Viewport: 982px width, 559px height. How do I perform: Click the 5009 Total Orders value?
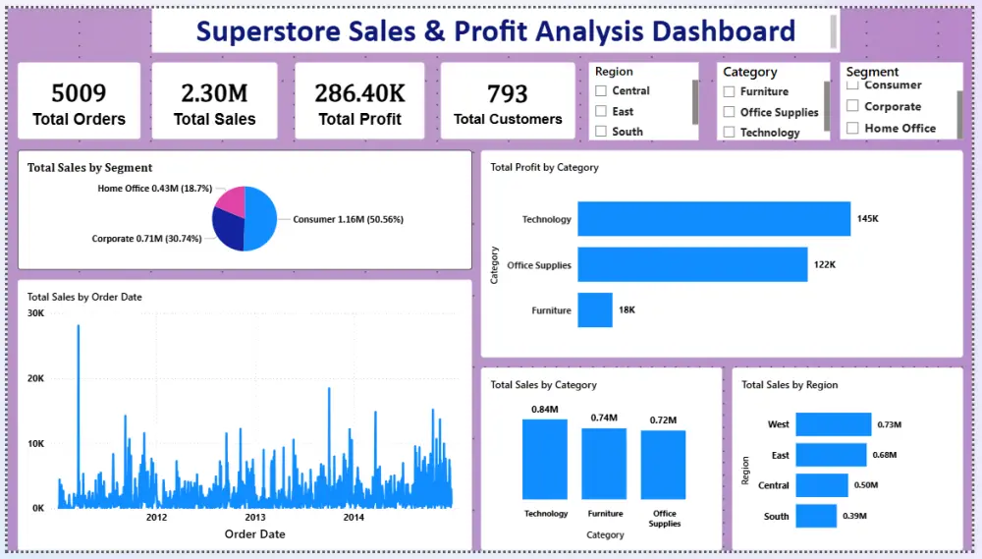click(x=79, y=93)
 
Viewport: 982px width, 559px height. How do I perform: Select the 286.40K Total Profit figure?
click(x=359, y=93)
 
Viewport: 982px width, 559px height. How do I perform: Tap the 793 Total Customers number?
click(x=508, y=94)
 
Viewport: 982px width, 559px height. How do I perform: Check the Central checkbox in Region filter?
click(x=601, y=91)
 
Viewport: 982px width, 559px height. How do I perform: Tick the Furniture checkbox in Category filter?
click(x=730, y=91)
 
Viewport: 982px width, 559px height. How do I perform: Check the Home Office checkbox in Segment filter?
click(x=852, y=128)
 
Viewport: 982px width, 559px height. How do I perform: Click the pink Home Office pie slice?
click(x=232, y=200)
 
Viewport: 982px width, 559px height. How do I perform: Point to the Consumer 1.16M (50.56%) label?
click(x=348, y=219)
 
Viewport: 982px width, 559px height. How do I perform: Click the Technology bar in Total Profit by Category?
click(x=713, y=219)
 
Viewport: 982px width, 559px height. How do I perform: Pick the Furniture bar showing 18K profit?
click(x=594, y=310)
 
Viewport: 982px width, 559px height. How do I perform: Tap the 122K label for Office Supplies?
click(x=824, y=264)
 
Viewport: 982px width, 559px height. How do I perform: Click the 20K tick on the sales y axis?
click(x=35, y=378)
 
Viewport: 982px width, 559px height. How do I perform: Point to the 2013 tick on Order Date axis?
click(x=255, y=517)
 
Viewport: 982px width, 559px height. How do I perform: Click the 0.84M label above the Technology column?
click(x=545, y=409)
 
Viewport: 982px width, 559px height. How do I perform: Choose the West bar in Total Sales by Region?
click(x=833, y=424)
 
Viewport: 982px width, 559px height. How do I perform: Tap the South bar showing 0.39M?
click(x=815, y=516)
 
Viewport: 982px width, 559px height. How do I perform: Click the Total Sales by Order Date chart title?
click(x=85, y=296)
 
